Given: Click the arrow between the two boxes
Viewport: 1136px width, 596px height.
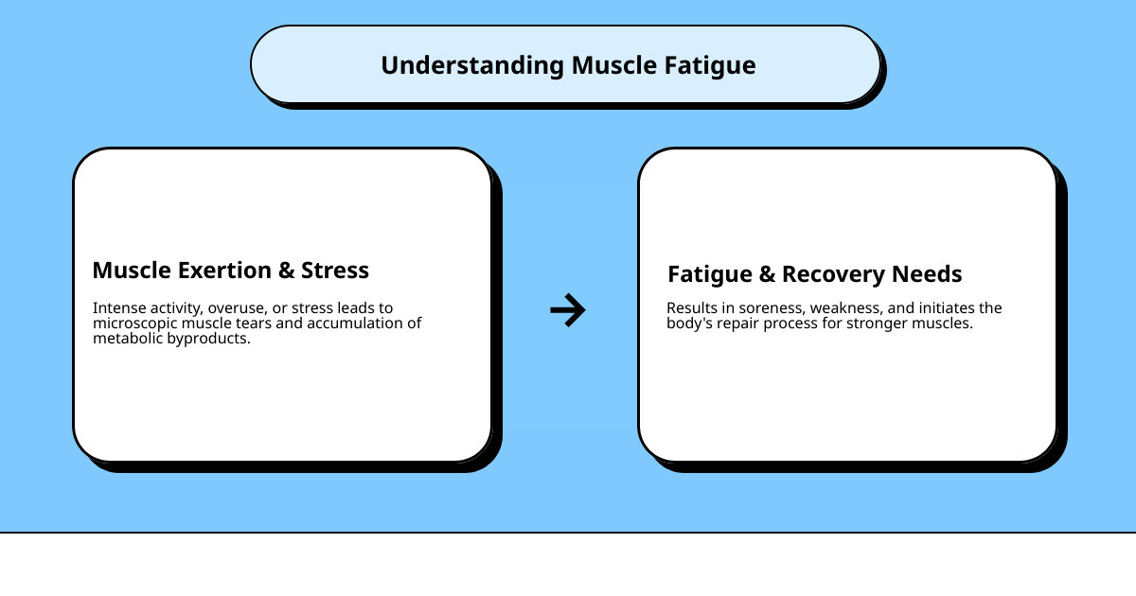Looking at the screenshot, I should coord(568,309).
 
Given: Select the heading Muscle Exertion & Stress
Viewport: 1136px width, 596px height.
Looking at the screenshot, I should coord(230,270).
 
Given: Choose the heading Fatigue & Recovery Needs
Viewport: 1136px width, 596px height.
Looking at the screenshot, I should coord(814,274).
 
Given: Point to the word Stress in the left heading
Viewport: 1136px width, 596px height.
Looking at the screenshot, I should coord(335,270).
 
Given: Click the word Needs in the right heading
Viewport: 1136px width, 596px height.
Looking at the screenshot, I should coord(930,274).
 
